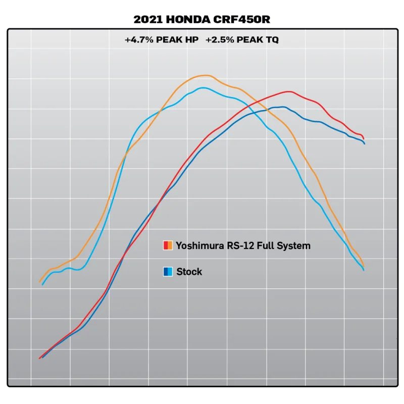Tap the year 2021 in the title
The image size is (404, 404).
pyautogui.click(x=146, y=20)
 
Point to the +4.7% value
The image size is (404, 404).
pyautogui.click(x=139, y=39)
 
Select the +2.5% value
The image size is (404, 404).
pyautogui.click(x=220, y=39)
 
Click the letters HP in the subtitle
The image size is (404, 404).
pyautogui.click(x=191, y=39)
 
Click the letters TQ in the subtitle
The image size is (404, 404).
pyautogui.click(x=271, y=39)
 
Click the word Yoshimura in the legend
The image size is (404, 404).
pyautogui.click(x=198, y=246)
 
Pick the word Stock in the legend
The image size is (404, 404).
pyautogui.click(x=189, y=272)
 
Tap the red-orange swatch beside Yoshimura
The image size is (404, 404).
pyautogui.click(x=168, y=246)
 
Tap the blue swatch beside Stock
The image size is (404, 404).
pyautogui.click(x=168, y=272)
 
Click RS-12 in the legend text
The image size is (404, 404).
pyautogui.click(x=239, y=246)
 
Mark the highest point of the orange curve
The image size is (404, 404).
pyautogui.click(x=205, y=75)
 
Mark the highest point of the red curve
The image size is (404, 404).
pyautogui.click(x=288, y=91)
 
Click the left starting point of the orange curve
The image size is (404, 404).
pyautogui.click(x=39, y=282)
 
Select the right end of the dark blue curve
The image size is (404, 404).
pyautogui.click(x=364, y=144)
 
